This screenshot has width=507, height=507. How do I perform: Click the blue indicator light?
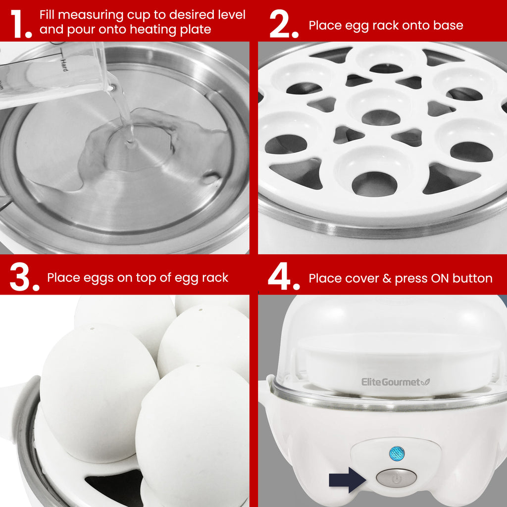click(x=397, y=454)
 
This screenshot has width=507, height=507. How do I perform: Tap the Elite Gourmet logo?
click(x=396, y=382)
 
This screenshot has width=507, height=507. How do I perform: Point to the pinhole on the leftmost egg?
click(x=92, y=329)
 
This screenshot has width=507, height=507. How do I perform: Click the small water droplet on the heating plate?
click(x=210, y=177)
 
